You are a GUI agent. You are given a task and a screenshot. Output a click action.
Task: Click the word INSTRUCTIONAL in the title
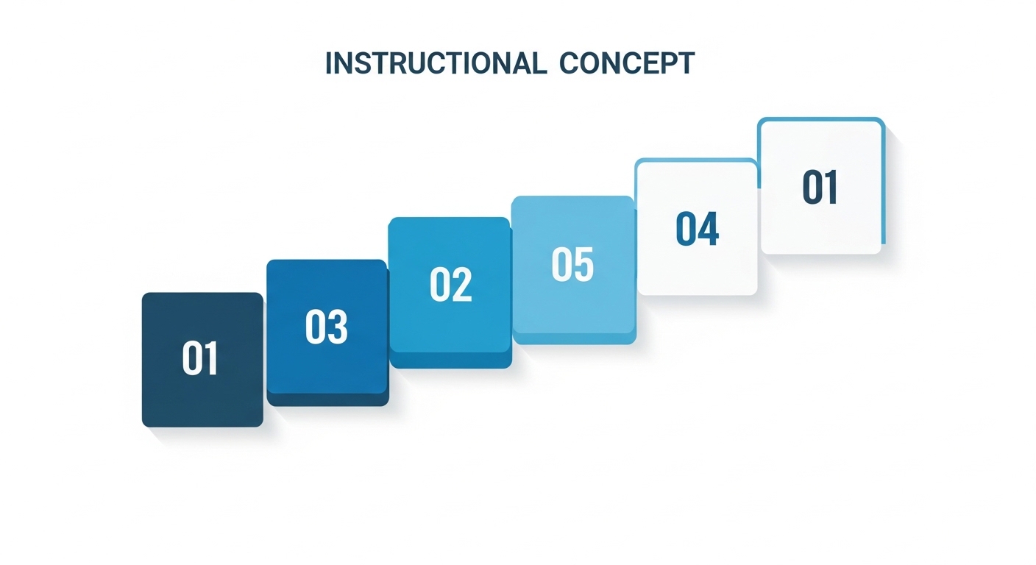pos(436,64)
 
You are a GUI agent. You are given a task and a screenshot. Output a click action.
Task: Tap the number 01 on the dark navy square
pos(200,359)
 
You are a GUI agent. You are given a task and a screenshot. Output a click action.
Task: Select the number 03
pos(326,327)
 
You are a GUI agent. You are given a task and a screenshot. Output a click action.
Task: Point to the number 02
pos(450,285)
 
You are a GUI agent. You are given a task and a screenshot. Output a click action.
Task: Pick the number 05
pos(572,265)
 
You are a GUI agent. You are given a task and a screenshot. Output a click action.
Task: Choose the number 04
pos(697,229)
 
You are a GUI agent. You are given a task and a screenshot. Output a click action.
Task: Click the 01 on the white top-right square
pos(820,188)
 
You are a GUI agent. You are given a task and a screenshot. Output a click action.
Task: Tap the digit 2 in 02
pos(461,285)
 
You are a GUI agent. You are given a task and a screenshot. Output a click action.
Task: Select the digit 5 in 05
pos(583,265)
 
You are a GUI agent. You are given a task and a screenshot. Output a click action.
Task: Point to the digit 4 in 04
pos(708,229)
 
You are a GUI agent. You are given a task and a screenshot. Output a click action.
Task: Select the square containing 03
pos(327,368)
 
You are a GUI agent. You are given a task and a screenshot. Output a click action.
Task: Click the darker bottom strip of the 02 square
pos(450,360)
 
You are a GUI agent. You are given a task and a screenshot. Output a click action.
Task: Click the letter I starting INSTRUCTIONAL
pos(328,64)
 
